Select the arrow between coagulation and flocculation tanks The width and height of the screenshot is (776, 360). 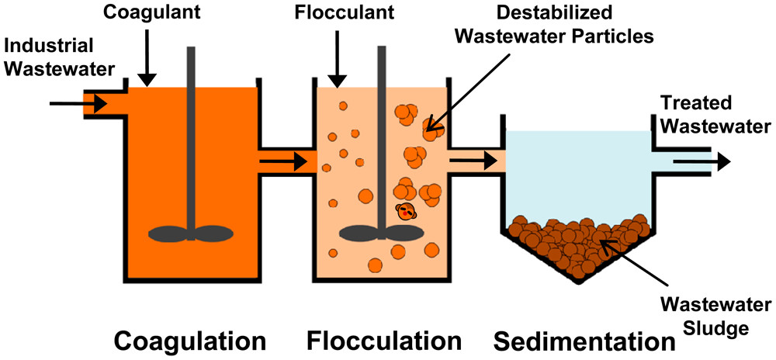point(284,162)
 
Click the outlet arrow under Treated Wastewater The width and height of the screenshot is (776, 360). point(701,161)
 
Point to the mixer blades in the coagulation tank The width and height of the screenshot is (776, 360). point(189,233)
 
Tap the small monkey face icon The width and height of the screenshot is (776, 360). point(406,210)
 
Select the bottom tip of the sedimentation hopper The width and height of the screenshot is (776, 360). point(578,281)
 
